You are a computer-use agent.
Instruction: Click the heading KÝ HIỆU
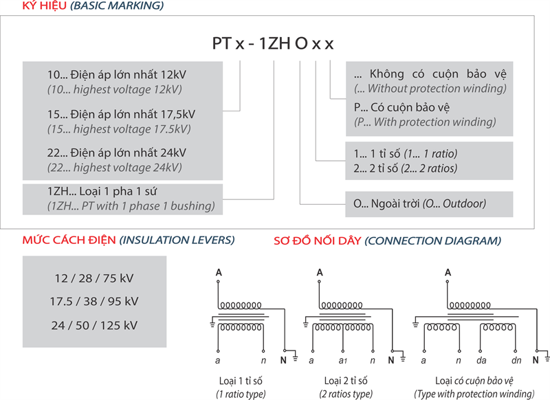coord(46,6)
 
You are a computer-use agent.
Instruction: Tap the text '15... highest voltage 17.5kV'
coord(118,129)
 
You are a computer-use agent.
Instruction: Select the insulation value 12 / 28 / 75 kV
coord(94,278)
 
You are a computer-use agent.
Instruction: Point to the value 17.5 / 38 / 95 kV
coord(94,301)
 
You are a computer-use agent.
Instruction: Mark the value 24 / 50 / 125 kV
coord(94,324)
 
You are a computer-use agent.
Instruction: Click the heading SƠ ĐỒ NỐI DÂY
coord(316,241)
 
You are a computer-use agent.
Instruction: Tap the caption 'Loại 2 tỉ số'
coord(342,380)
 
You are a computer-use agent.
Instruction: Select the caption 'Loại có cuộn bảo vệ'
coord(474,380)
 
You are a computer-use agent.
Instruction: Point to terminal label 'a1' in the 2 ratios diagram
coord(342,360)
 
